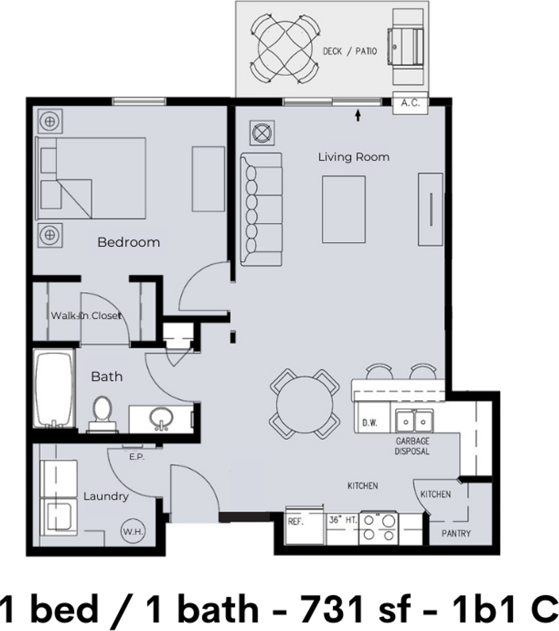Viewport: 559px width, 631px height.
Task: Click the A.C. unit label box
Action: coord(410,103)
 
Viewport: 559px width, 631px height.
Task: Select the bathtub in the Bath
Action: coord(54,390)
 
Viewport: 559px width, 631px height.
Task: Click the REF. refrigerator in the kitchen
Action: coord(296,522)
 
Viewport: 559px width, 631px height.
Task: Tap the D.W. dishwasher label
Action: coord(370,423)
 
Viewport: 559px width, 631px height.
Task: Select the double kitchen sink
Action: coord(413,421)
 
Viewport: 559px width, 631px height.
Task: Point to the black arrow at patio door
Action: coord(358,116)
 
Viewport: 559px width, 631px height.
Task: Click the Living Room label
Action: coord(353,157)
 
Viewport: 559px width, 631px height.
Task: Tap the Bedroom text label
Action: coord(129,242)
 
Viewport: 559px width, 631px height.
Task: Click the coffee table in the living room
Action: coord(344,209)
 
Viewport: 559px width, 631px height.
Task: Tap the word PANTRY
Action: coord(456,534)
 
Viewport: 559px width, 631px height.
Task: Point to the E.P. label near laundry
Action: coord(137,458)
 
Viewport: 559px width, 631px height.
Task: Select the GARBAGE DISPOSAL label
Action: coord(412,446)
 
